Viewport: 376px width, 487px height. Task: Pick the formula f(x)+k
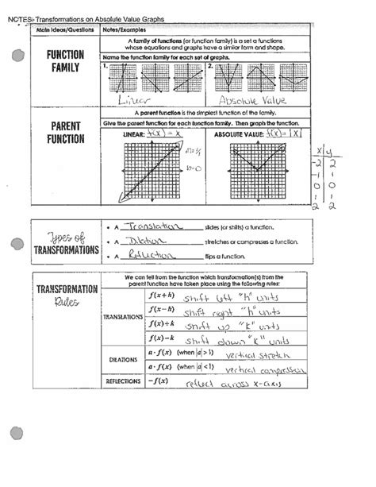[160, 326]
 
